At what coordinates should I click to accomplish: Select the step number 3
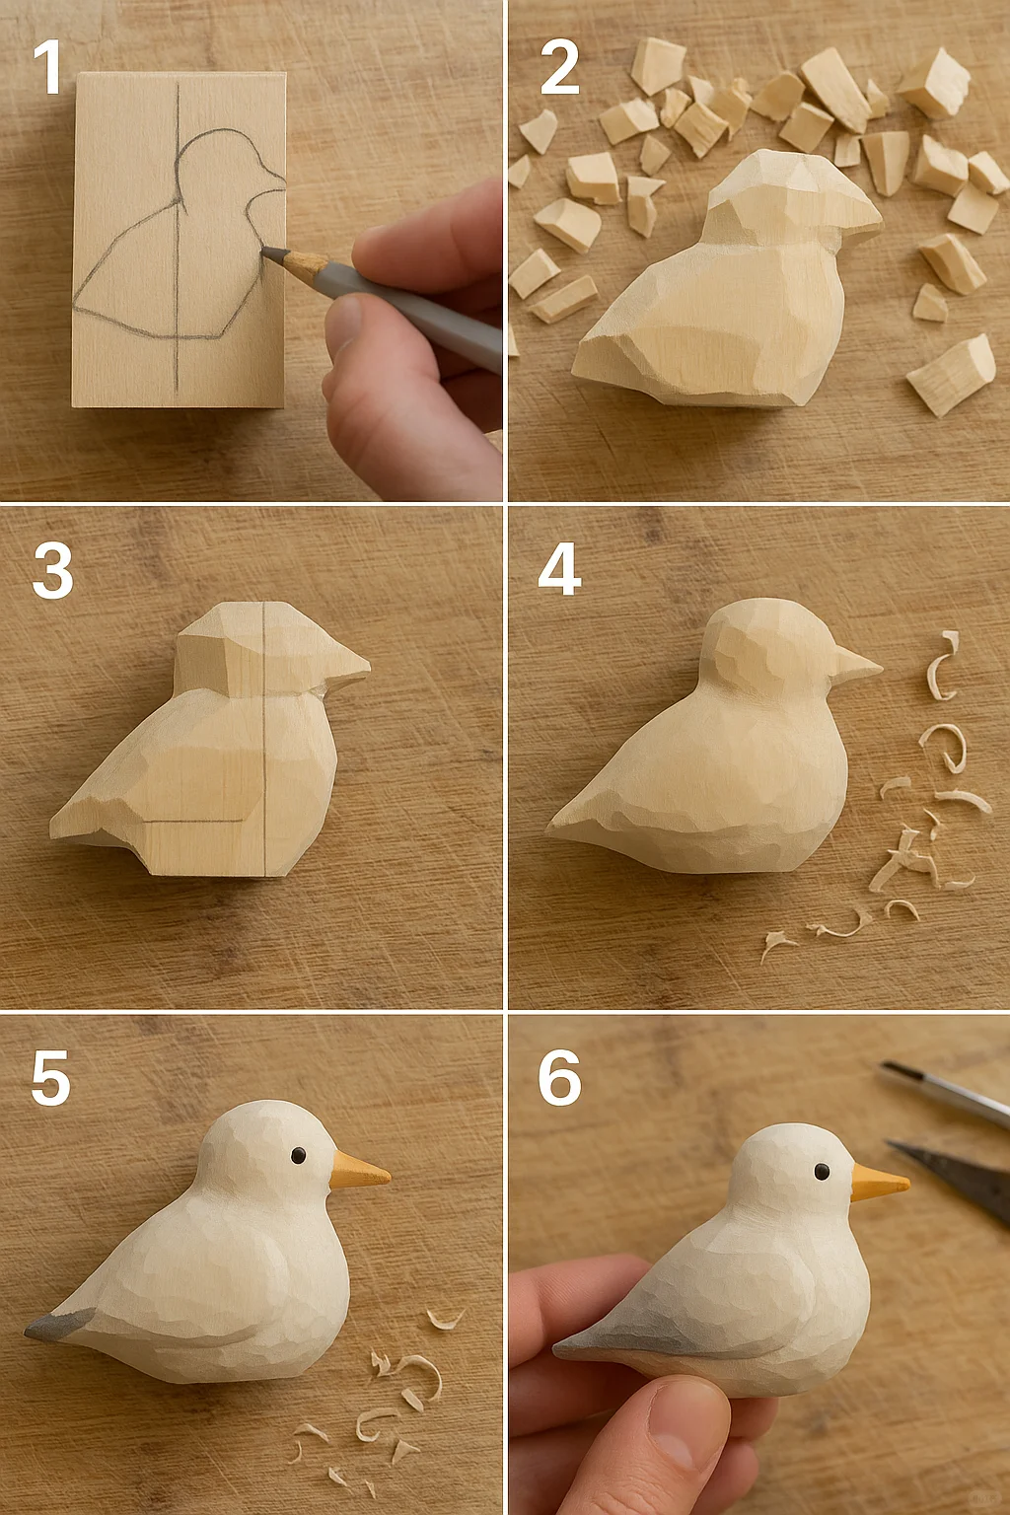point(51,570)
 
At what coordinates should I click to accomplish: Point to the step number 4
point(559,569)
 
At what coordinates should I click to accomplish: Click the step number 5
point(50,1077)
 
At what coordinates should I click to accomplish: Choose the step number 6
point(559,1077)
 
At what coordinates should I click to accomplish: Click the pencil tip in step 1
point(263,251)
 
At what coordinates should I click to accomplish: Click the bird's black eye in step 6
point(822,1170)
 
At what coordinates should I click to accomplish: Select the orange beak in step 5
point(359,1171)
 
